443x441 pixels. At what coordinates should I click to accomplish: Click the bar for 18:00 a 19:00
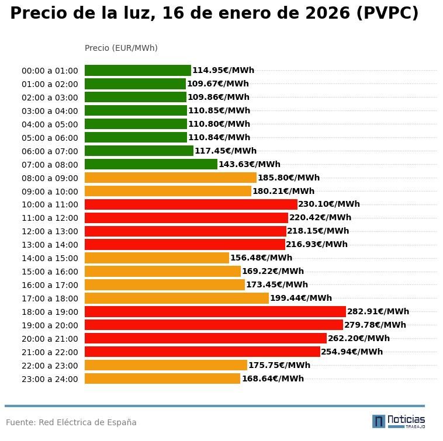tap(215, 312)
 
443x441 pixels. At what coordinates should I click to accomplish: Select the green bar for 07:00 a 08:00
tap(151, 165)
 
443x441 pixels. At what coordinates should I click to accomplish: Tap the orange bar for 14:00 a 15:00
tap(157, 258)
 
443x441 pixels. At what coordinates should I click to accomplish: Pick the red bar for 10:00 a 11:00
tap(191, 204)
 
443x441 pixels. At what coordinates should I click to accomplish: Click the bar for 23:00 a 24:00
tap(162, 379)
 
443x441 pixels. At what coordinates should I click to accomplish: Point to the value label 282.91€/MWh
tap(378, 312)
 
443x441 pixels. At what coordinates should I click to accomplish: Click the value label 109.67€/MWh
tap(218, 84)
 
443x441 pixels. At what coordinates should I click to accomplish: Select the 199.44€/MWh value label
tap(301, 298)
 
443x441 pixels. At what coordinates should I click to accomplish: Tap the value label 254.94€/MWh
tap(352, 352)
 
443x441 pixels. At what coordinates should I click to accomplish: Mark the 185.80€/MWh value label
tap(289, 178)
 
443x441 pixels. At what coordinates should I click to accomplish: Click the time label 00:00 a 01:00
tap(50, 71)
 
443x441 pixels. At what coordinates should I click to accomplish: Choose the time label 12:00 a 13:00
tap(50, 232)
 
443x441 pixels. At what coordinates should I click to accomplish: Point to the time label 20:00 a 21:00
tap(50, 339)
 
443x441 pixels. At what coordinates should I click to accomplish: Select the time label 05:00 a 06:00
tap(50, 138)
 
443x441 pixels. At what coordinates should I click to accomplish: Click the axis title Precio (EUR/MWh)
tap(121, 48)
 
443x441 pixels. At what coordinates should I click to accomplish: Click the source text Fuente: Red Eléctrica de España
tap(71, 423)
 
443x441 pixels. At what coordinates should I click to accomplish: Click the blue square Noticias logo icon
tap(379, 421)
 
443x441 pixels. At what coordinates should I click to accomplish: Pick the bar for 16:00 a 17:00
tap(165, 285)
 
